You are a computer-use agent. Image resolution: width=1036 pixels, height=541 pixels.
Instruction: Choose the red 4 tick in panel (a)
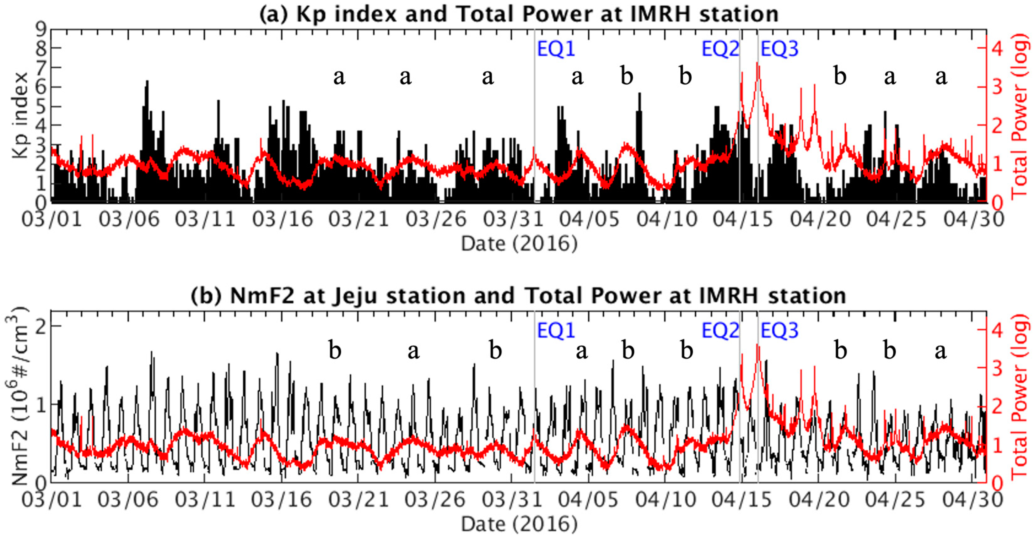pyautogui.click(x=997, y=48)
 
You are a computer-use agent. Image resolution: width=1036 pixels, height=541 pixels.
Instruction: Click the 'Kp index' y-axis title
pyautogui.click(x=20, y=116)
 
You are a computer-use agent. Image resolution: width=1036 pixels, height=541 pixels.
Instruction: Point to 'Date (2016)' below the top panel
pyautogui.click(x=519, y=244)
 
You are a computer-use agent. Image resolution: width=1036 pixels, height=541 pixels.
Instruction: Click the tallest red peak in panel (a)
pyautogui.click(x=758, y=64)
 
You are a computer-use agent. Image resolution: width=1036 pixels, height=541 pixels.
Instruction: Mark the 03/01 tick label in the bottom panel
pyautogui.click(x=51, y=500)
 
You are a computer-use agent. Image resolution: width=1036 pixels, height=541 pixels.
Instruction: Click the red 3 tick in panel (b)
pyautogui.click(x=997, y=368)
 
